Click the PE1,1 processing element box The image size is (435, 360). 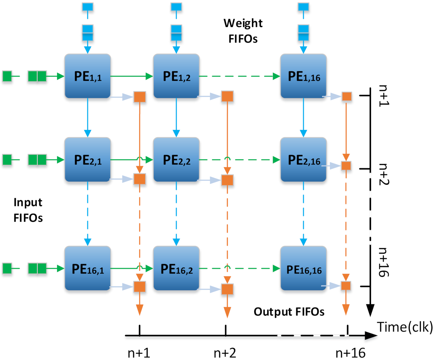tap(87, 76)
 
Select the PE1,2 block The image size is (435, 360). tap(176, 76)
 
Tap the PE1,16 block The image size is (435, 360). tap(303, 76)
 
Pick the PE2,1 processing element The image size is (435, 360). tap(87, 159)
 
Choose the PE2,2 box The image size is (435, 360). tap(176, 159)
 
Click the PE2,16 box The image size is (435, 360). tap(303, 159)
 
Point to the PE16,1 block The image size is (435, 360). tap(87, 268)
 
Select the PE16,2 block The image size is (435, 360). tap(176, 268)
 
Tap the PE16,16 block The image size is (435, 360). tap(303, 268)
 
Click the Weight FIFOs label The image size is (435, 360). tap(243, 31)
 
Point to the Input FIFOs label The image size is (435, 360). tap(28, 210)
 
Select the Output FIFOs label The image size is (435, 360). tap(289, 312)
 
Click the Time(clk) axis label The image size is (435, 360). tap(405, 327)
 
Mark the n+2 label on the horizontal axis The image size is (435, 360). tap(225, 353)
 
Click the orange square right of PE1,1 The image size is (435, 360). tap(140, 97)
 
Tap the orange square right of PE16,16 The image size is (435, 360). tap(346, 286)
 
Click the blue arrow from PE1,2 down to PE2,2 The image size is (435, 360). tap(176, 117)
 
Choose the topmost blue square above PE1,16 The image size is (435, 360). tap(303, 7)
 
